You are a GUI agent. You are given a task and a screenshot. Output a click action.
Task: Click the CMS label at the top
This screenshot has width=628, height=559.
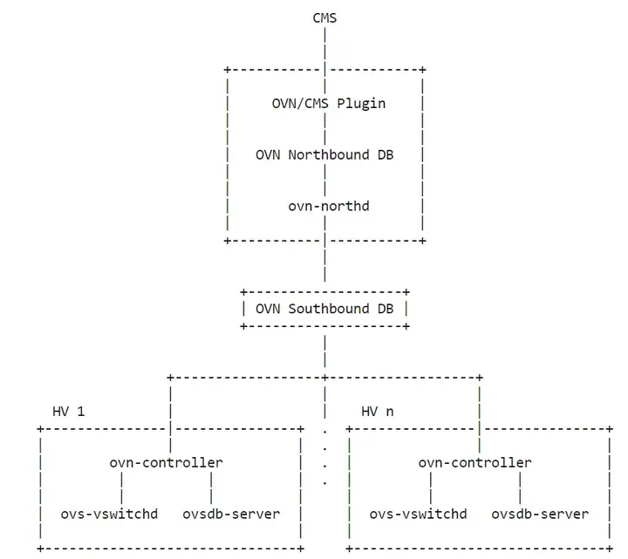point(324,17)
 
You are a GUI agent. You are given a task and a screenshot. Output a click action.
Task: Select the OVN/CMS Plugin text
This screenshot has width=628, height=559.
point(329,103)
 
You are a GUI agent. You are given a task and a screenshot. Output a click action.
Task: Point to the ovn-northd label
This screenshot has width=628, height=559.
point(324,206)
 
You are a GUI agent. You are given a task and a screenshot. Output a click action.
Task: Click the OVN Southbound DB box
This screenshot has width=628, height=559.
point(324,308)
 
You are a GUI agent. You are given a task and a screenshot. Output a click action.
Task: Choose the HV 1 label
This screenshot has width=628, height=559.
point(69,411)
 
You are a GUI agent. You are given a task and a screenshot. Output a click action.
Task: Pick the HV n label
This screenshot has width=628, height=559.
point(377,411)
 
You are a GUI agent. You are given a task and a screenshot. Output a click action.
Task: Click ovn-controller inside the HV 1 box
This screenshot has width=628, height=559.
point(166,462)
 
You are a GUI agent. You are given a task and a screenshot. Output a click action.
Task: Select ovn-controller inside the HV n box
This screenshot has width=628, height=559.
point(474,462)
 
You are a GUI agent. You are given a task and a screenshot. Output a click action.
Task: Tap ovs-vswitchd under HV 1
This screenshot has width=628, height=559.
point(109,514)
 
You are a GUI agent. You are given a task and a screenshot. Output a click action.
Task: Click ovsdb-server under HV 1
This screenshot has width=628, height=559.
point(231,514)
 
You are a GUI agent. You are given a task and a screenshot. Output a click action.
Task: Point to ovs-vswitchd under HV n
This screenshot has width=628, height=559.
point(418,514)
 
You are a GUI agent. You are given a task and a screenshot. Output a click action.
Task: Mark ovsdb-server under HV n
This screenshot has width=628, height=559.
point(540,514)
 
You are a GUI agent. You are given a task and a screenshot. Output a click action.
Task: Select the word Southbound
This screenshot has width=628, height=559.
point(324,308)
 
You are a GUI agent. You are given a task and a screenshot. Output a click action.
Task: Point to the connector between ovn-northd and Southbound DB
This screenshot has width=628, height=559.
point(324,262)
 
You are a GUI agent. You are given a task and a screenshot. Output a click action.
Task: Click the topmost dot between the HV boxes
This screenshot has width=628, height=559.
point(324,429)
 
